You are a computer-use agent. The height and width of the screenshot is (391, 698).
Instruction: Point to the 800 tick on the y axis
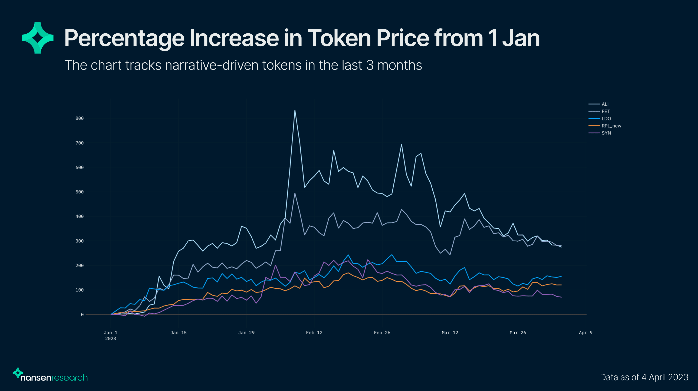[79, 118]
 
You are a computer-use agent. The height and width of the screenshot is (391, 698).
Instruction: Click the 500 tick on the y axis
[79, 192]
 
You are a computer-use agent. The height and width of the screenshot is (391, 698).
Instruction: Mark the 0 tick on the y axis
[82, 315]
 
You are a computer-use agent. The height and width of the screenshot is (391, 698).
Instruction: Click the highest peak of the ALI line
[295, 110]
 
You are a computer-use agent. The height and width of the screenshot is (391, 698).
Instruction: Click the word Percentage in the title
[124, 38]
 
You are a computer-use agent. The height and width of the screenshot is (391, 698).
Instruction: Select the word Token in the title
[339, 38]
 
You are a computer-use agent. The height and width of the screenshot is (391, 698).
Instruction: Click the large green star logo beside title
[38, 38]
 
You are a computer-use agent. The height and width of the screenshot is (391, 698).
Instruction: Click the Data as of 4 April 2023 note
[644, 377]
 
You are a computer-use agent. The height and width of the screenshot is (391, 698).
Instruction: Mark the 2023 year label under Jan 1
[110, 338]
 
